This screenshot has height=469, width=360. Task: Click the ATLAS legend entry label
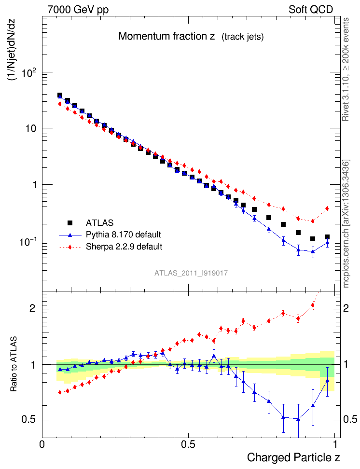tap(99, 223)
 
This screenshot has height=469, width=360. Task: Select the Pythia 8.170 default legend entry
tap(123, 235)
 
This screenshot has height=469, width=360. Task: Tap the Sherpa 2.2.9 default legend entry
tap(124, 247)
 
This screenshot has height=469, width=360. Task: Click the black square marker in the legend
tap(70, 223)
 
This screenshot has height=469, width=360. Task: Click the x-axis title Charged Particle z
tap(294, 457)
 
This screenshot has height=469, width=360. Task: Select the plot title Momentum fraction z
tap(166, 37)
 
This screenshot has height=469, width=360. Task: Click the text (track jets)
tap(243, 37)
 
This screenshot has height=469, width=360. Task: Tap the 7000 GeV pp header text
tap(78, 10)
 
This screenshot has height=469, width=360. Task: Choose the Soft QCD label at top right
tap(311, 10)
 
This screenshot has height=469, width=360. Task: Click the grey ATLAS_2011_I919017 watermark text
tap(191, 273)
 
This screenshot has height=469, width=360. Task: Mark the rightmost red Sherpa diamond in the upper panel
tap(327, 208)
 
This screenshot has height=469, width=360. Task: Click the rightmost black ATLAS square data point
tap(327, 237)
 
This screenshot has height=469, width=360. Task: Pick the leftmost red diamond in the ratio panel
tap(60, 392)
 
